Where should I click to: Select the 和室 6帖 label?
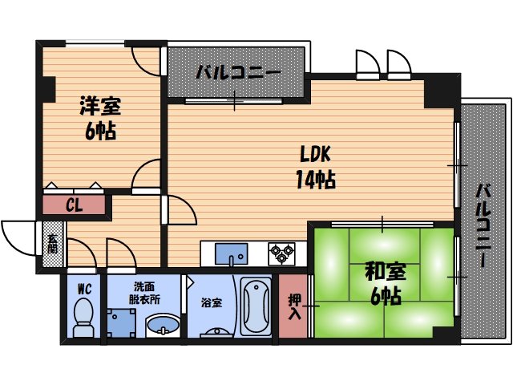[384, 283]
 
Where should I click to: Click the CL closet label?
[74, 205]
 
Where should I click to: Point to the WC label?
[83, 288]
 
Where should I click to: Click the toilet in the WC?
[83, 317]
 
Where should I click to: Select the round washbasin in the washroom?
[164, 326]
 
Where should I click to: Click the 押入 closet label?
[294, 305]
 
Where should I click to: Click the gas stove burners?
[281, 253]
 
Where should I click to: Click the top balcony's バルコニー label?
[236, 73]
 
